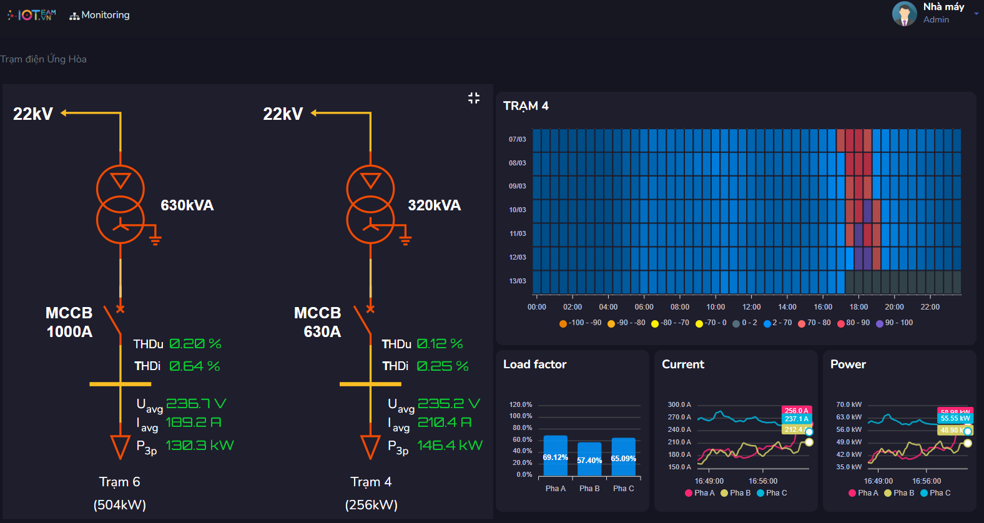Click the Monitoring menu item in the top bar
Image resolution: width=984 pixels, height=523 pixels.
point(100,15)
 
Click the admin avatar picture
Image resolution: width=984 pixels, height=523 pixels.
point(904,14)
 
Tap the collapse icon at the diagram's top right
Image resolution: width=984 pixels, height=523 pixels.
point(474,98)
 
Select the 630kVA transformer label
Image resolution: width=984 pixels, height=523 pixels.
point(187,205)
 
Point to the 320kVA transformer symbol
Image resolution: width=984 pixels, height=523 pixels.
point(370,204)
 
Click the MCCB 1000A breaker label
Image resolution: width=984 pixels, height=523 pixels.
point(69,322)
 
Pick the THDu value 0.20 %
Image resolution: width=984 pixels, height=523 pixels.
point(195,344)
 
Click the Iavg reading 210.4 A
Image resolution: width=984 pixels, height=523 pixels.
point(444,423)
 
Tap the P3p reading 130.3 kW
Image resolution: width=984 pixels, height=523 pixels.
point(199,446)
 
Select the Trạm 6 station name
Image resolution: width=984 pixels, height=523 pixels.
point(119,482)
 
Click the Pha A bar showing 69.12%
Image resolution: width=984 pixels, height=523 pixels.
point(555,456)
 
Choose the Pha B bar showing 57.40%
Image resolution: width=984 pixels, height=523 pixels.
point(589,459)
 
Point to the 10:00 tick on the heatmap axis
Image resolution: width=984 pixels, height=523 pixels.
point(716,307)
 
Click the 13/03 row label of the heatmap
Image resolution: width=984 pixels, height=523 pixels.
point(517,281)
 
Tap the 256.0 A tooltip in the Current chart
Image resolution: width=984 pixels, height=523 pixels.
point(796,411)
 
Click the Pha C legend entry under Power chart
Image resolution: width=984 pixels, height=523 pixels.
point(935,493)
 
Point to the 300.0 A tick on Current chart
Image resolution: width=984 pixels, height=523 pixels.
point(679,404)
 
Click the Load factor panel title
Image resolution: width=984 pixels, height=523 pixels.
point(534,364)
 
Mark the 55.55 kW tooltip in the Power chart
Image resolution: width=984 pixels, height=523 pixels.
point(955,418)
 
